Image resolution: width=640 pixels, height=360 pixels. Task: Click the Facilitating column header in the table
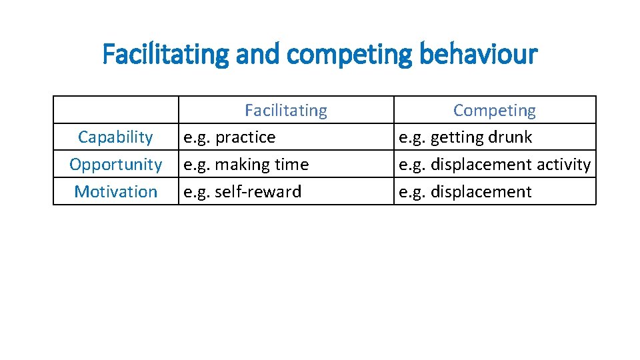285,110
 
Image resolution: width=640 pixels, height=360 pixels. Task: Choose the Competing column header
494,110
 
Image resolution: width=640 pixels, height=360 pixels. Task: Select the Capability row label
115,137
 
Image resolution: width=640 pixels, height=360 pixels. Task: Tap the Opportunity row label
115,165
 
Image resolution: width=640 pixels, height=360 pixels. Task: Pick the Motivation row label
115,192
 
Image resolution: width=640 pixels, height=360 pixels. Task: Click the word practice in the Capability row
245,137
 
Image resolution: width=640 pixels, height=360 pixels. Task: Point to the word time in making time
291,165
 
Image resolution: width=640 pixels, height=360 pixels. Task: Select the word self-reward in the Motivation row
258,192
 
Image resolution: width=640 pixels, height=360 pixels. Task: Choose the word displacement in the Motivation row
481,192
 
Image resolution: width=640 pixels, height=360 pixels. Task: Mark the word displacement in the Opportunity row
481,165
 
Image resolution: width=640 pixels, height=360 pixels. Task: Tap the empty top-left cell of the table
115,110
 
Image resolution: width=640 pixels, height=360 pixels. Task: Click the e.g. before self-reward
197,192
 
